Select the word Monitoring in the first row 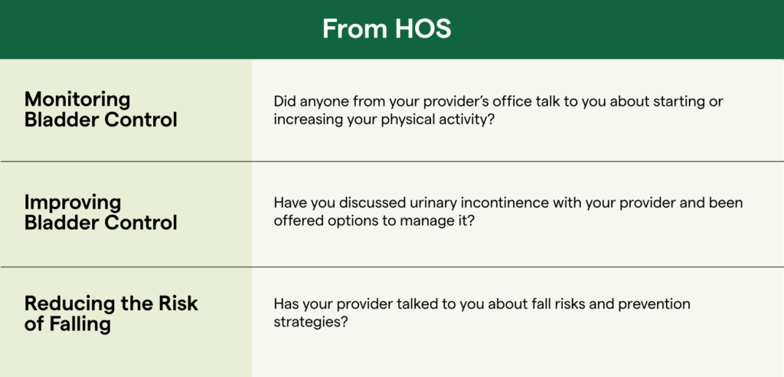click(77, 100)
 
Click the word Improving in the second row click(73, 202)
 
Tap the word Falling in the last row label click(80, 324)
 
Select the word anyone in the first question click(321, 102)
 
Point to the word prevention click(654, 304)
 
